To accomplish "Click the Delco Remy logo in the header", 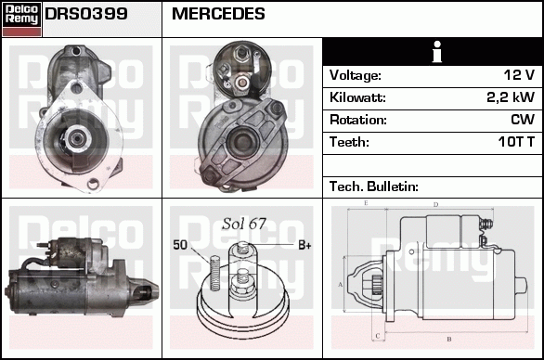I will (x=21, y=19).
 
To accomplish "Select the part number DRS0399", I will (x=86, y=15).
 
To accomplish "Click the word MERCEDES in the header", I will (x=218, y=15).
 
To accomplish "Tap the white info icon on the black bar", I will (x=433, y=52).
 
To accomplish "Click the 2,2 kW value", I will (x=511, y=97).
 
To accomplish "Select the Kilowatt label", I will (x=357, y=97).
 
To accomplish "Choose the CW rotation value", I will (x=522, y=120).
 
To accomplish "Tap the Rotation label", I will (x=357, y=120).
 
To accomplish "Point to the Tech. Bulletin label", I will (x=374, y=186).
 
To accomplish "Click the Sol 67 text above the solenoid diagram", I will (x=244, y=224).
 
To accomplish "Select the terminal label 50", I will (x=180, y=245).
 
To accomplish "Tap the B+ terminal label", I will (x=304, y=245).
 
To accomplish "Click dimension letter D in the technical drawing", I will (x=435, y=204).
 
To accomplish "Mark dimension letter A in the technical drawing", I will (x=341, y=284).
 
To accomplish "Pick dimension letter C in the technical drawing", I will (x=376, y=335).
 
